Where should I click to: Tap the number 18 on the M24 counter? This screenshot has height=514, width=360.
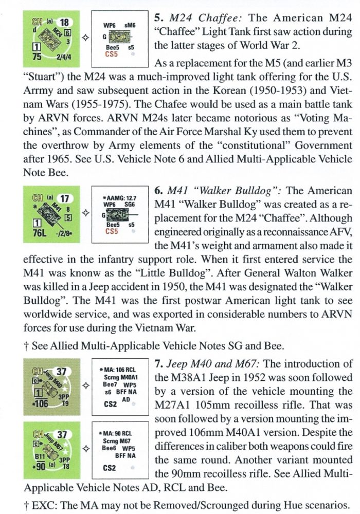point(64,22)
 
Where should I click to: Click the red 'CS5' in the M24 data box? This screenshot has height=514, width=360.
point(111,52)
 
